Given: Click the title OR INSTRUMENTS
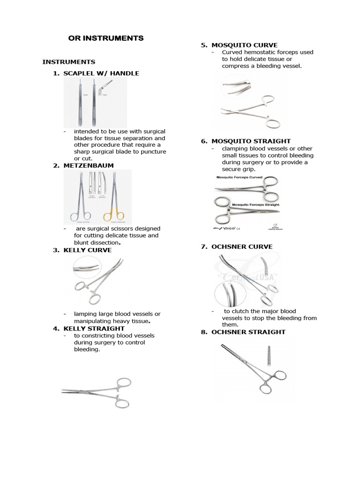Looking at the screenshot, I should [106, 38].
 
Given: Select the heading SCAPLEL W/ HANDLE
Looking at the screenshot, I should [101, 73].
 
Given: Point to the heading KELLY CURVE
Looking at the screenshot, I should [88, 250].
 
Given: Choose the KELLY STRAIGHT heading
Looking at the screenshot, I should [94, 329].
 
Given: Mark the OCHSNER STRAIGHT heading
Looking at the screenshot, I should [248, 332].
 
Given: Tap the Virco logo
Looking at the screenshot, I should [224, 228].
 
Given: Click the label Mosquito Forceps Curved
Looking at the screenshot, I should [239, 178].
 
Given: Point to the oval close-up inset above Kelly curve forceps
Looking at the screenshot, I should [86, 268].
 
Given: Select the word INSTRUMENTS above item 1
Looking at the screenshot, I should [69, 61].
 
